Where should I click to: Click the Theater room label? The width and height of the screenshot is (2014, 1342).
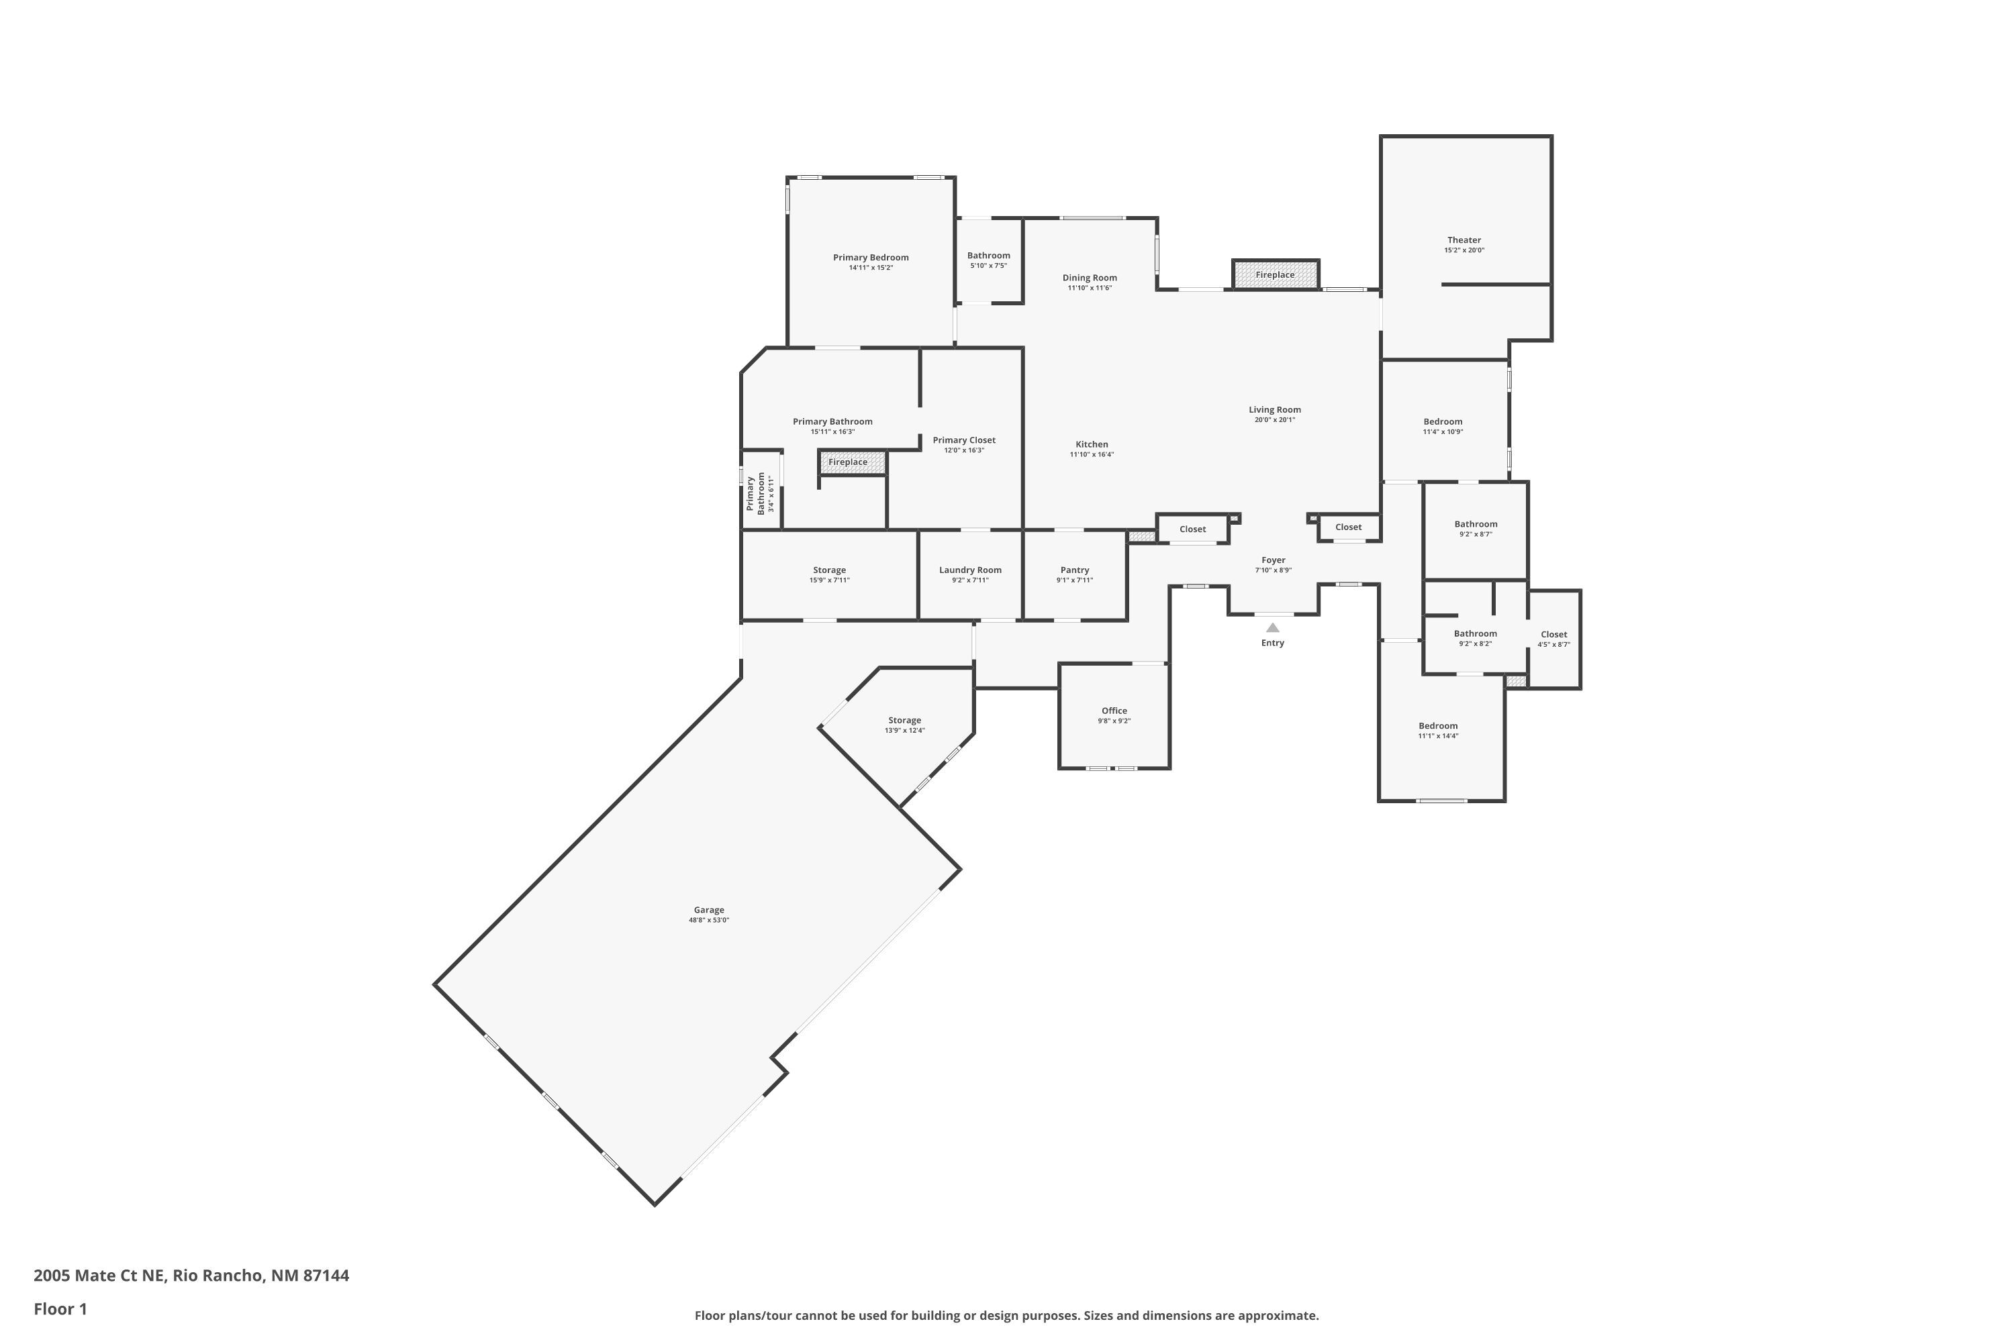point(1464,240)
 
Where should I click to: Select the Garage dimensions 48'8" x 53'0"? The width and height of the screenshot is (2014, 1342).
point(708,920)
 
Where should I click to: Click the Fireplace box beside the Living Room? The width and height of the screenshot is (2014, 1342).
point(1275,274)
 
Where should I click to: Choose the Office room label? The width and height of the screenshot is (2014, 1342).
point(1114,711)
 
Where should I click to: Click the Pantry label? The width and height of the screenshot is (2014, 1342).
point(1075,570)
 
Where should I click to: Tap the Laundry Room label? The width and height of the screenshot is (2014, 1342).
point(969,570)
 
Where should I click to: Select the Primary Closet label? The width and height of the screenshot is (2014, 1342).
point(964,440)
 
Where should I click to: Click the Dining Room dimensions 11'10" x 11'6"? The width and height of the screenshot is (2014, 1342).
point(1089,289)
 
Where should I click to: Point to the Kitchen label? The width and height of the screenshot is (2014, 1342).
point(1092,444)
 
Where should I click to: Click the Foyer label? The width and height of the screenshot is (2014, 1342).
point(1274,560)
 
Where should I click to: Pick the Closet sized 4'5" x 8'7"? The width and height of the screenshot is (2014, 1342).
point(1553,639)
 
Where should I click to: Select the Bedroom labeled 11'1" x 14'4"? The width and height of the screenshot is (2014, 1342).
point(1438,730)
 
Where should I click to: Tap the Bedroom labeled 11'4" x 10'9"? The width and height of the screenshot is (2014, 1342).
point(1443,425)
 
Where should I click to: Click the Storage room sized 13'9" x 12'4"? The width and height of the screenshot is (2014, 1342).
point(904,725)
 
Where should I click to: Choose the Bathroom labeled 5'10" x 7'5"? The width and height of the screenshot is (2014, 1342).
point(988,259)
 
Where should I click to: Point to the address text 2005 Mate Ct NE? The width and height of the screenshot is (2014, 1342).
point(191,1276)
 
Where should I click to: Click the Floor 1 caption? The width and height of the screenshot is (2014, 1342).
point(60,1308)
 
